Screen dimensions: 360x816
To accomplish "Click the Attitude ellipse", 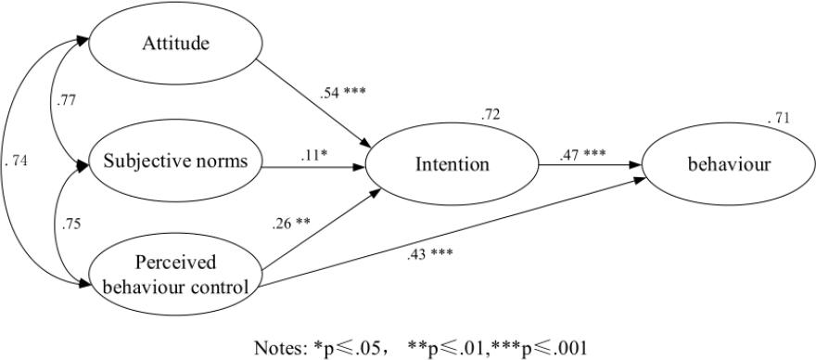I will (173, 43).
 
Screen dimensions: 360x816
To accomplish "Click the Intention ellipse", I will (453, 164).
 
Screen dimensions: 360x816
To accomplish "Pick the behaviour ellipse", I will (729, 164).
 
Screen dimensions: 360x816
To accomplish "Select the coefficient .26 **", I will (292, 224).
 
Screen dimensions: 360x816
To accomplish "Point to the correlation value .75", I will (70, 224).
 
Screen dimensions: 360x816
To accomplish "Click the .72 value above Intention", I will (491, 114).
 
